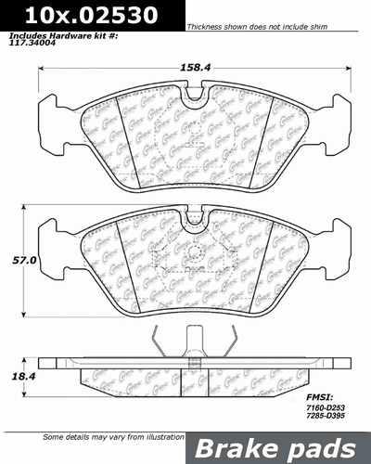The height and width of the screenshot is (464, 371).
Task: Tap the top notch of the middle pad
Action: click(192, 221)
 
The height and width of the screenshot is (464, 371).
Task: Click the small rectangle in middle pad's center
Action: click(192, 257)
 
